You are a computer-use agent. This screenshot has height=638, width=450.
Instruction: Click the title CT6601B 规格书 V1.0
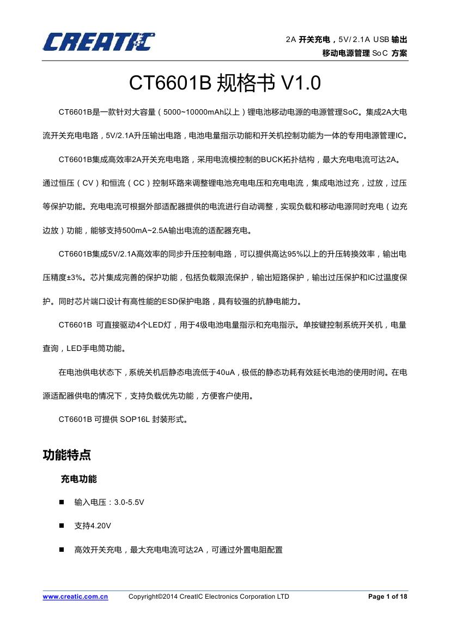point(224,83)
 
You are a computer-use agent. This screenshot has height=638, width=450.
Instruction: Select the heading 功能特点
point(67,454)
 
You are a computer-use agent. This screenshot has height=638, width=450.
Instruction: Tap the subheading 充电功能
point(78,479)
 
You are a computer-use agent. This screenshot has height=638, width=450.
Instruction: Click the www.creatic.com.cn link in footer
point(75,597)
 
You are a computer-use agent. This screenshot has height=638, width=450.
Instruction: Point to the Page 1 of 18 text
point(387,597)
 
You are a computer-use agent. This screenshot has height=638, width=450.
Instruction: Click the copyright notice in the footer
point(209,597)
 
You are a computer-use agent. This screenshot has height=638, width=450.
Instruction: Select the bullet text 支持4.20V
point(93,526)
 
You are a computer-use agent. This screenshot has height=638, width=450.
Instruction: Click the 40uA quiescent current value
point(226,372)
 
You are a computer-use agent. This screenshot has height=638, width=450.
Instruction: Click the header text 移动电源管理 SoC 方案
point(364,53)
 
